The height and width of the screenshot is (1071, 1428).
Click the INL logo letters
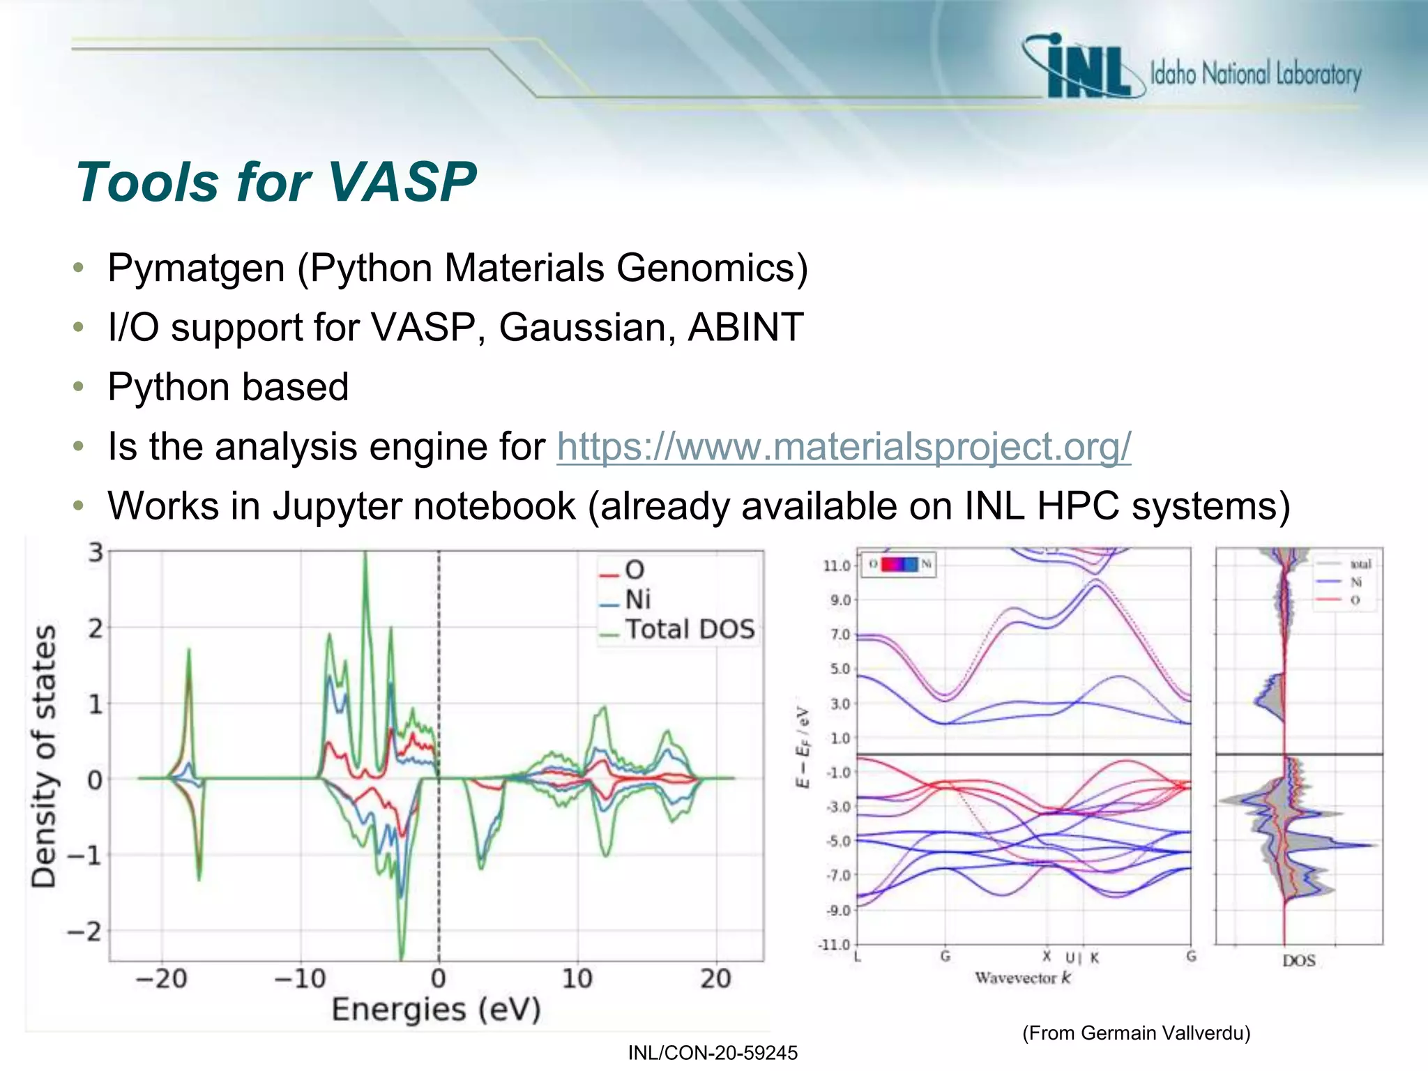coord(1088,70)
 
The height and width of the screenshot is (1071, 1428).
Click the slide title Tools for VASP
coord(276,182)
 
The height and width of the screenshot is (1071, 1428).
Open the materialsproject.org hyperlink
coord(844,446)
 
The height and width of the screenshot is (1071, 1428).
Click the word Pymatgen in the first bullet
coord(196,268)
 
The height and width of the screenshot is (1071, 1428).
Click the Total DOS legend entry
coord(689,629)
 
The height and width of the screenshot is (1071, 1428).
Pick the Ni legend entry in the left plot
coord(637,599)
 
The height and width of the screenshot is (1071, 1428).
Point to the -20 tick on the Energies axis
coord(161,978)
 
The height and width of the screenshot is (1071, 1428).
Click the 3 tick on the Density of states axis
coord(96,552)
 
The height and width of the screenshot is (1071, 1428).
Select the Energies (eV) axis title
coord(436,1009)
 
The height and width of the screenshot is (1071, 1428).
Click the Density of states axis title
coord(44,756)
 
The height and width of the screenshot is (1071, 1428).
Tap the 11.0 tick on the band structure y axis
coord(837,565)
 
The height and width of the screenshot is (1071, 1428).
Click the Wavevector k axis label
coord(1022,978)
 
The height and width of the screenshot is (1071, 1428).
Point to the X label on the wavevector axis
coord(1046,957)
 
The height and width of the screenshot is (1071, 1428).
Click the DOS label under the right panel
coord(1299,961)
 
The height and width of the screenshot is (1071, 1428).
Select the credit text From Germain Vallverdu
coord(1136,1033)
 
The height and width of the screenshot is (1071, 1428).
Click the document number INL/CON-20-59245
coord(713,1053)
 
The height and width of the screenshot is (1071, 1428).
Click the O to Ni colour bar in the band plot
coord(899,564)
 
